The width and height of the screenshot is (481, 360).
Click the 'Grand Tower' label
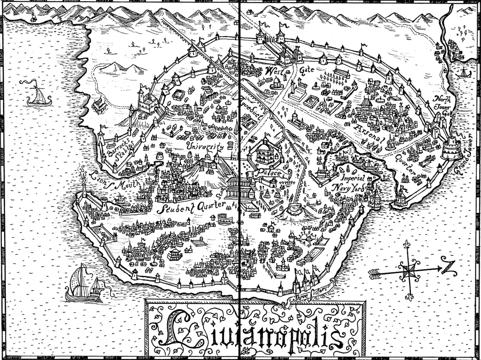click(466, 154)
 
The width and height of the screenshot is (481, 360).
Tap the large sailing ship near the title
click(85, 284)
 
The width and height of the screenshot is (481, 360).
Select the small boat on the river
click(463, 73)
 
